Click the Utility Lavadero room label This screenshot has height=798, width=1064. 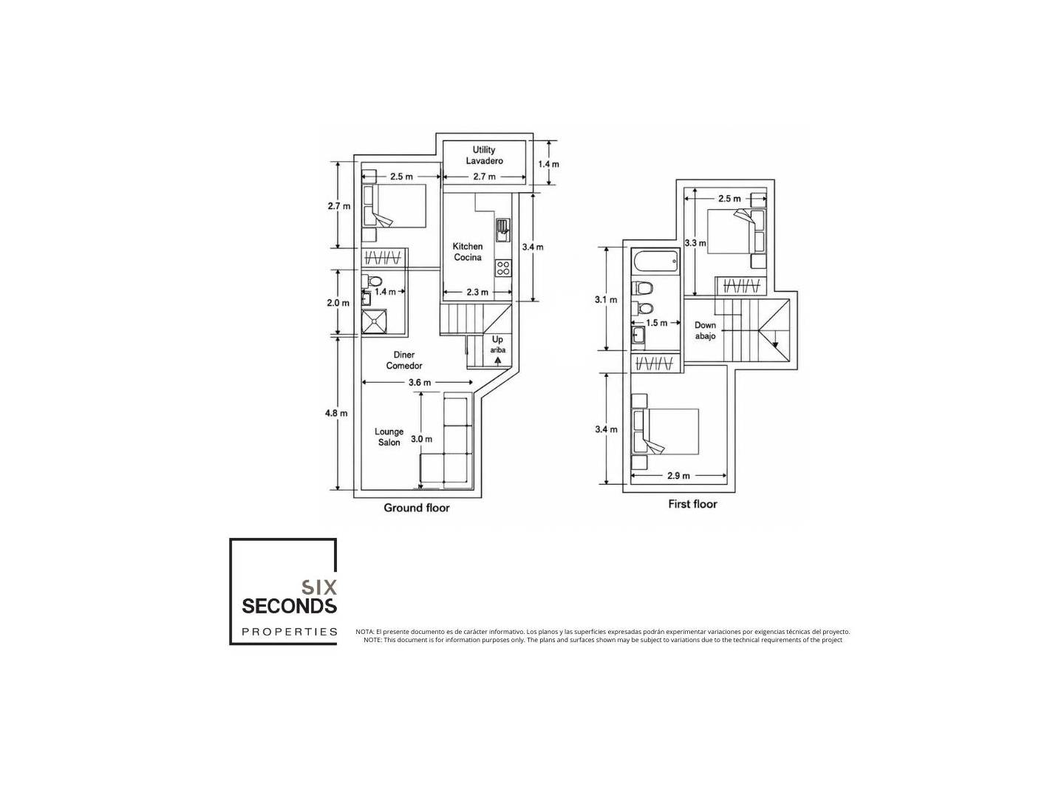[x=483, y=155]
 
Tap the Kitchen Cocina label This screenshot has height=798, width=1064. [x=467, y=252]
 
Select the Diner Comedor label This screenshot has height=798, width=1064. [x=403, y=361]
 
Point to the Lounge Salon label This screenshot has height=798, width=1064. [x=389, y=437]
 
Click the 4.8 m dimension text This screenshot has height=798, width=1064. [x=336, y=413]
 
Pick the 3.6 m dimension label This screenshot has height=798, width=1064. [x=419, y=382]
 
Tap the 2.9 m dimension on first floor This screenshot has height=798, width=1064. [x=678, y=476]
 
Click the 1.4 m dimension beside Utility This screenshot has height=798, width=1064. [x=548, y=164]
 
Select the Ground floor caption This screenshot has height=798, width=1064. [x=417, y=508]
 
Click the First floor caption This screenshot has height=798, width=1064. [x=692, y=504]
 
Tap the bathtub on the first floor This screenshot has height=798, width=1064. [x=655, y=262]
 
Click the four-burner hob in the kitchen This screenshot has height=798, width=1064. [x=502, y=268]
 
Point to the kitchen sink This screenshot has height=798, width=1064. [x=502, y=229]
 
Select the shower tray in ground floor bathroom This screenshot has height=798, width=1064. [x=374, y=321]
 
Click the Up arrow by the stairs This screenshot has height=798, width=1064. [x=497, y=360]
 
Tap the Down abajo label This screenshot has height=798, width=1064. [x=705, y=330]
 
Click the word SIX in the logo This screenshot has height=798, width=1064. [x=319, y=587]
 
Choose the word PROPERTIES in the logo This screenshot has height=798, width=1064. [x=290, y=632]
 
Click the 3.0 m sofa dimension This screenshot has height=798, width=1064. [x=421, y=439]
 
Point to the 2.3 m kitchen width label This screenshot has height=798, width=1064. [x=477, y=292]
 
